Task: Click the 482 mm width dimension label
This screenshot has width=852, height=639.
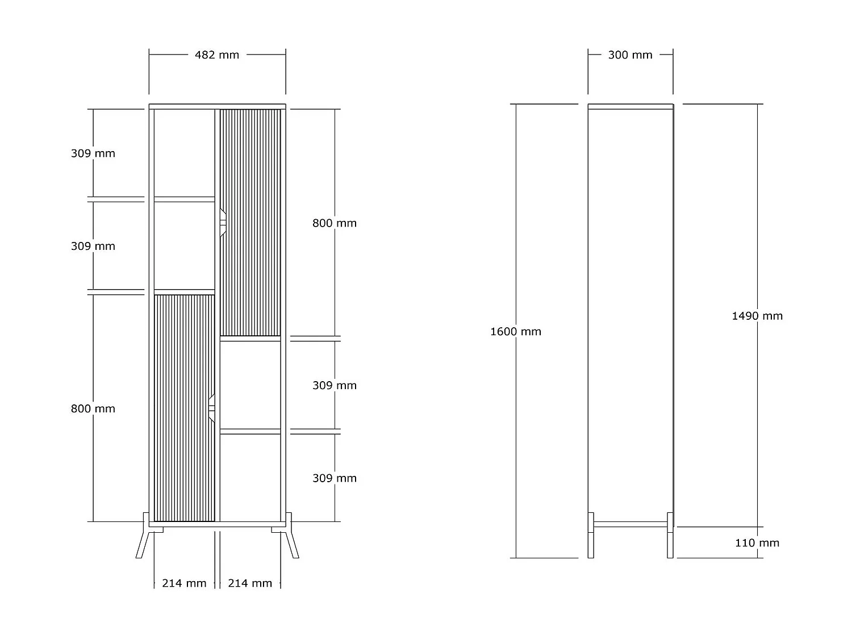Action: [217, 55]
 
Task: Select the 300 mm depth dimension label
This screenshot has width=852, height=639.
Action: [630, 55]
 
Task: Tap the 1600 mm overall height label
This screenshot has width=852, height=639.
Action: [515, 332]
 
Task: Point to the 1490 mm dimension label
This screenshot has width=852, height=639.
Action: [757, 316]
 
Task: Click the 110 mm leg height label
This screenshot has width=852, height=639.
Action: [757, 543]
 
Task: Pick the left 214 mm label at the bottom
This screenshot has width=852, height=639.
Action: [184, 583]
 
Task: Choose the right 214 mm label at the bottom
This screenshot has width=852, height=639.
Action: [250, 583]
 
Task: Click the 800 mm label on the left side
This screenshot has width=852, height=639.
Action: [93, 409]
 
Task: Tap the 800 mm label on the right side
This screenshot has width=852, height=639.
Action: [334, 223]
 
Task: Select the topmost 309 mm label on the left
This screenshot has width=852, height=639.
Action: [93, 153]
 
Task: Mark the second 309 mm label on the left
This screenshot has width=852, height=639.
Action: [93, 246]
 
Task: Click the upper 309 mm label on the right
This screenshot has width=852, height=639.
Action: [334, 386]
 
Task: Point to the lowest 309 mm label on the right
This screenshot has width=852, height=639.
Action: [334, 478]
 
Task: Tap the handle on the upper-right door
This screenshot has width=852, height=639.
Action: [223, 223]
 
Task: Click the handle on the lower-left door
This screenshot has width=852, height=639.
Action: [212, 408]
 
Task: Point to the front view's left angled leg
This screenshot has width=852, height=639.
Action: [143, 544]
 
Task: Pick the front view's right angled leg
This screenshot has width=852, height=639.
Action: [292, 544]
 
